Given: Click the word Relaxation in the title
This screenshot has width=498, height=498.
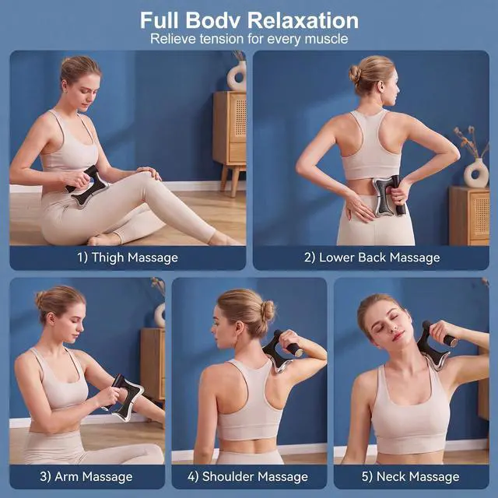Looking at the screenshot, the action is [x=303, y=20].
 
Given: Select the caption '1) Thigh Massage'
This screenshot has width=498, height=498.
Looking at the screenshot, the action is [x=128, y=258].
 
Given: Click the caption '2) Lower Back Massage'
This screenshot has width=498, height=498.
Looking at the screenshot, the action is [x=372, y=258].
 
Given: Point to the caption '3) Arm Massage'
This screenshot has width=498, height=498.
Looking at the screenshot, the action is [x=86, y=476].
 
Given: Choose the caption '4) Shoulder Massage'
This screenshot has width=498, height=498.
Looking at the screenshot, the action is [x=247, y=476].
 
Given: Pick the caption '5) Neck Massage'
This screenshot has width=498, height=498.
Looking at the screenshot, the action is [x=410, y=476].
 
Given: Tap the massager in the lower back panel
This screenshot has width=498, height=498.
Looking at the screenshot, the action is [x=390, y=196].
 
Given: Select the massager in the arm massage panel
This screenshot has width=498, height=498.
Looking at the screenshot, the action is [x=127, y=397].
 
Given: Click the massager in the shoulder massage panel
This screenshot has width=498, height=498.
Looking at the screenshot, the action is [x=282, y=352].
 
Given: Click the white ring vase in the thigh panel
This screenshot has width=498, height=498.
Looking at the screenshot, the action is [x=237, y=76].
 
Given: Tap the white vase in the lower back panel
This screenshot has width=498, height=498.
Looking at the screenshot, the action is [x=476, y=173].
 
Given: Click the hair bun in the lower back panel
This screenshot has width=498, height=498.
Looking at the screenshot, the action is [x=355, y=75].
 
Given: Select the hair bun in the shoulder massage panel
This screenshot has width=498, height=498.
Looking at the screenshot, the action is [x=268, y=310].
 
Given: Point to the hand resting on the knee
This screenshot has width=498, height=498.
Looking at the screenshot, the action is [x=148, y=173].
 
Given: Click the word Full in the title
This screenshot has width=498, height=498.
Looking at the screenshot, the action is [x=160, y=20].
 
